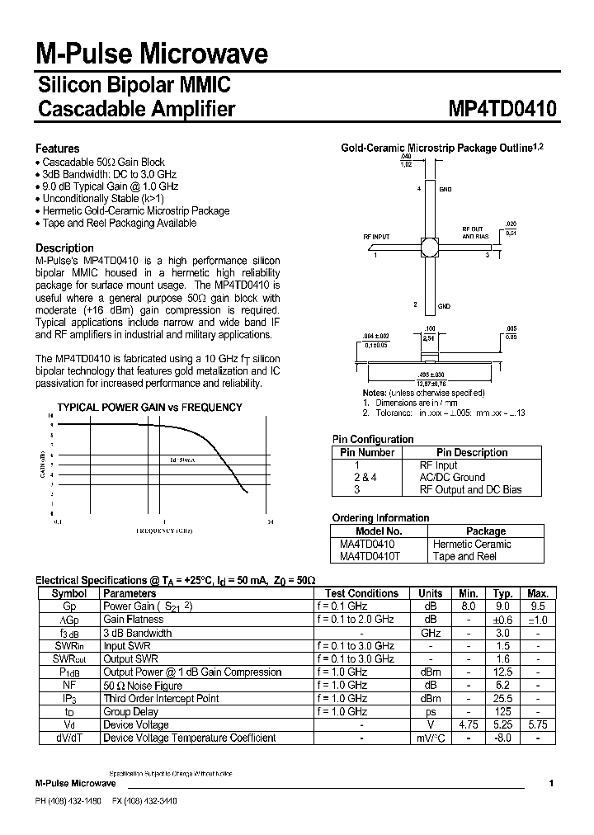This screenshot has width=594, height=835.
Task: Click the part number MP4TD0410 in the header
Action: click(x=502, y=110)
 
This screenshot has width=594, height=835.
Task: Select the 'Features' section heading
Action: click(x=57, y=149)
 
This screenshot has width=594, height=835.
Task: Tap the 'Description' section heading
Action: click(x=64, y=248)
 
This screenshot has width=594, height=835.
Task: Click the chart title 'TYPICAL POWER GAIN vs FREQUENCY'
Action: click(x=149, y=407)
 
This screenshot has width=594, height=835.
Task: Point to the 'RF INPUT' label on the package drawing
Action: click(x=376, y=237)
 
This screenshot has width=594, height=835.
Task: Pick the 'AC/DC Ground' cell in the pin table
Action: click(x=452, y=477)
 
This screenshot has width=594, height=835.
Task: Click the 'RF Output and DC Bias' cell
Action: click(x=471, y=489)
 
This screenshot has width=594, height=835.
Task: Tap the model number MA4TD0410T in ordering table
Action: click(x=370, y=556)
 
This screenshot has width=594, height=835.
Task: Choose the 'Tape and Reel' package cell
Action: click(x=464, y=556)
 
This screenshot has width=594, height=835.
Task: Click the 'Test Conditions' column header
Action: click(x=361, y=593)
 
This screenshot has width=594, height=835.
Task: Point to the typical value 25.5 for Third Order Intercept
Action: click(x=503, y=698)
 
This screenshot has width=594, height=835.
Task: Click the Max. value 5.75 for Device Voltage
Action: click(x=538, y=724)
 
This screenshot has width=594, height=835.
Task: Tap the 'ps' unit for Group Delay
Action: click(x=431, y=711)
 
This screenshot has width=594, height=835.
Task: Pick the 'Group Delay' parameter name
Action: click(x=130, y=711)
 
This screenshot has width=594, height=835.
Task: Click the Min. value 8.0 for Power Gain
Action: click(x=469, y=606)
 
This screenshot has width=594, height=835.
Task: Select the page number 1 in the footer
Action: click(x=550, y=783)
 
